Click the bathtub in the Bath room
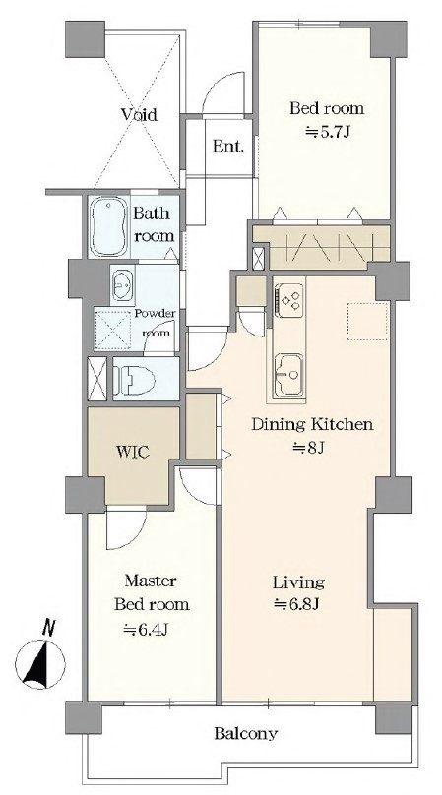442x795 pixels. (x=109, y=226)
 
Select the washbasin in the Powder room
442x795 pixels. (x=122, y=285)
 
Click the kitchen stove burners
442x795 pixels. (x=289, y=300)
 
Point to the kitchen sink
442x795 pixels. (x=288, y=375)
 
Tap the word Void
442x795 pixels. (x=139, y=114)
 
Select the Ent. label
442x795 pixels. (x=227, y=147)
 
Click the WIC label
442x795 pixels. (x=133, y=452)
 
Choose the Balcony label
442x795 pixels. (x=246, y=733)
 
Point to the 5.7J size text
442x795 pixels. (x=327, y=132)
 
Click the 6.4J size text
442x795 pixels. (x=146, y=630)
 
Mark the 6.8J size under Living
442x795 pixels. (x=296, y=604)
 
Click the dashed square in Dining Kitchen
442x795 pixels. (x=368, y=321)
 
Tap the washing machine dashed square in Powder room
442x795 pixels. (x=113, y=328)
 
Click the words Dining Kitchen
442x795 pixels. (x=313, y=424)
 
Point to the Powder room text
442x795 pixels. (x=156, y=323)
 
